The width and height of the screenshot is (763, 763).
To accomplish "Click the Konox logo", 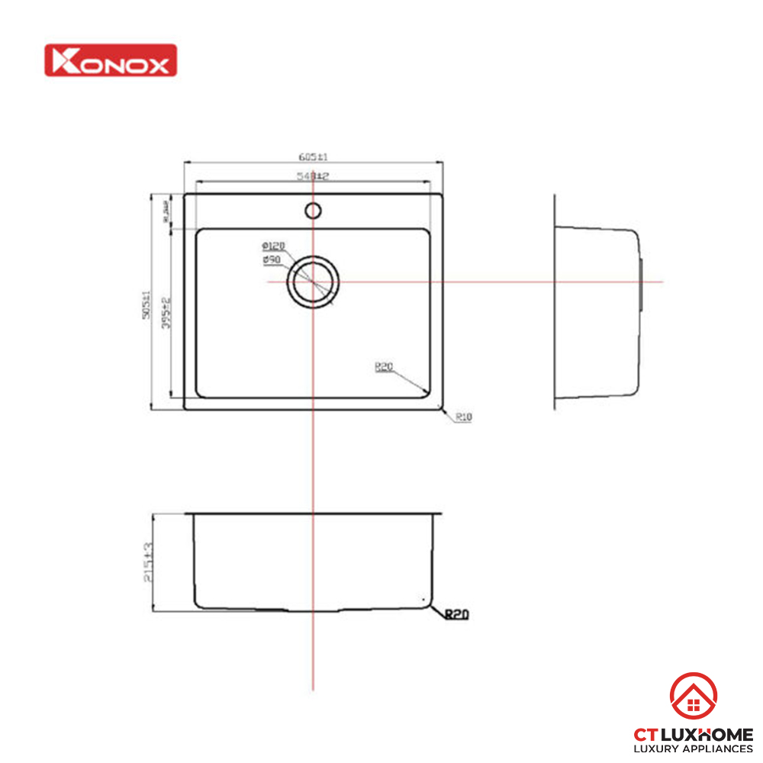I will pyautogui.click(x=111, y=60).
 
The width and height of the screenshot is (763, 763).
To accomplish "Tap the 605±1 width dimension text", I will pyautogui.click(x=313, y=157).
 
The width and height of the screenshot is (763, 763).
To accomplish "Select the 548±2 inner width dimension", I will pyautogui.click(x=313, y=177).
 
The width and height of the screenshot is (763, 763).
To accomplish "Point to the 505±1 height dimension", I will pyautogui.click(x=155, y=302).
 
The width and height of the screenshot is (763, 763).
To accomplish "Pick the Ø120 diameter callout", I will pyautogui.click(x=272, y=246).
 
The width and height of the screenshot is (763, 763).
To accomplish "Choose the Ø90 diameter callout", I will pyautogui.click(x=272, y=260).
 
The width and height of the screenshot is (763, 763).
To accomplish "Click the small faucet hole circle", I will pyautogui.click(x=312, y=210).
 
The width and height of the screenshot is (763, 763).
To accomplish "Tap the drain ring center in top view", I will pyautogui.click(x=313, y=282).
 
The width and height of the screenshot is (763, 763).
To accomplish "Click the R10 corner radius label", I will pyautogui.click(x=463, y=417).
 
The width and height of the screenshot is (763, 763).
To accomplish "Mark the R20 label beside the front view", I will pyautogui.click(x=456, y=613).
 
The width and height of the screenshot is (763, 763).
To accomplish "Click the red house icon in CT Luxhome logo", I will pyautogui.click(x=693, y=697).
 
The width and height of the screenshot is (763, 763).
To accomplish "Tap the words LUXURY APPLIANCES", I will pyautogui.click(x=694, y=749).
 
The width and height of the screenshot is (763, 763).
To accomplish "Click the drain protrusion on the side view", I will pyautogui.click(x=643, y=283).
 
